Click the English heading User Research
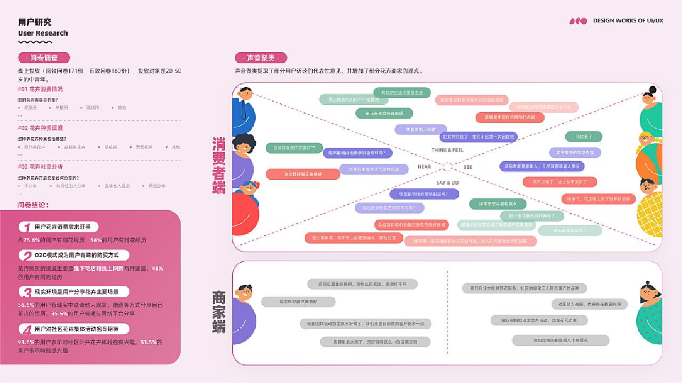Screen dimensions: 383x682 click(43, 33)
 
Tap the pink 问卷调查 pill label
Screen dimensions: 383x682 click(44, 58)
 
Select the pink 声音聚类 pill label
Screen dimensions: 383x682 click(261, 58)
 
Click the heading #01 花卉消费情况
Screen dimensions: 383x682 click(40, 89)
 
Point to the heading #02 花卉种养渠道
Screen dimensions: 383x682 click(40, 128)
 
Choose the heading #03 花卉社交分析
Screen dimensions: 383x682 click(40, 166)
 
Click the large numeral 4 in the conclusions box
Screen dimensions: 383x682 click(26, 330)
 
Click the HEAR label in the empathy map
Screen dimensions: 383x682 click(424, 166)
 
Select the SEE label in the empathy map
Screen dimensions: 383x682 click(468, 167)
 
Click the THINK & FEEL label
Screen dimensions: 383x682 click(448, 150)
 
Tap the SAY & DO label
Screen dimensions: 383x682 click(448, 182)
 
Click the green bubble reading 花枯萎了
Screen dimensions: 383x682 click(583, 136)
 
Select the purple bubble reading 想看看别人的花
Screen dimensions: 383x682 click(420, 129)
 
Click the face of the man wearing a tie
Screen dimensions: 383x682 click(246, 94)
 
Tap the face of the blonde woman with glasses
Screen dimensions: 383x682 click(648, 142)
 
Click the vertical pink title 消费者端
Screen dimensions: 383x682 click(218, 166)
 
